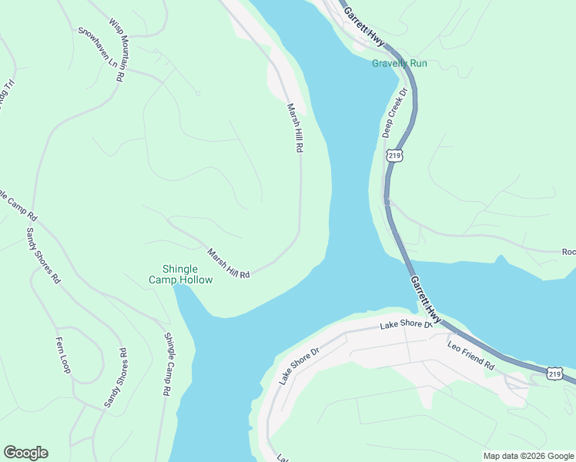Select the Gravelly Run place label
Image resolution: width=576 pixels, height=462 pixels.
click(x=399, y=63)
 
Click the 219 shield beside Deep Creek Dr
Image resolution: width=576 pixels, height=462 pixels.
click(x=394, y=156)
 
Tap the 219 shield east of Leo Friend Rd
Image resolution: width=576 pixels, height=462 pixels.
click(x=554, y=373)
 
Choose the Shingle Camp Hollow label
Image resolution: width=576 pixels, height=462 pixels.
click(x=180, y=274)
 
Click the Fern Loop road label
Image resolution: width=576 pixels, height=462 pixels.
click(x=63, y=355)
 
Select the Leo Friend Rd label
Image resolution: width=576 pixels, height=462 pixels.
click(x=471, y=354)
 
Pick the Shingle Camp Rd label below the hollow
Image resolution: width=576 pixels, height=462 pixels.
click(x=166, y=363)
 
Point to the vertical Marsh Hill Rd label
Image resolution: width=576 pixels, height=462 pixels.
click(x=293, y=128)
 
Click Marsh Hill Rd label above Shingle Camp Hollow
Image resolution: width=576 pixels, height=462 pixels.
click(x=229, y=263)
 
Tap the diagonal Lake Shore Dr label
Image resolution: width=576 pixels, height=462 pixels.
click(x=299, y=366)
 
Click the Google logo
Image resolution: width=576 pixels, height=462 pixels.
click(x=25, y=453)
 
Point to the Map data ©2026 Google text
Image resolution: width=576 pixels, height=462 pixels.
click(x=527, y=456)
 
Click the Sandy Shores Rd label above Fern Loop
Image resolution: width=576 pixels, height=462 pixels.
click(x=43, y=256)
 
